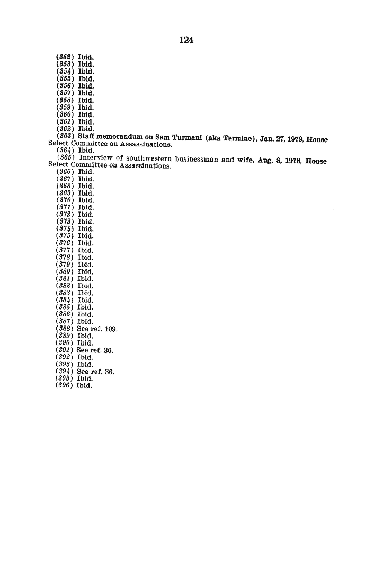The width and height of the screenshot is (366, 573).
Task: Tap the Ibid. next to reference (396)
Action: [84, 386]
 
